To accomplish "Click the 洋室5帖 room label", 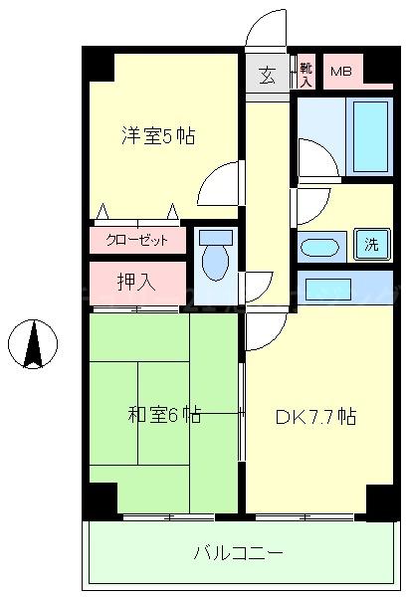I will [158, 136].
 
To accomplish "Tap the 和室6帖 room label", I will [164, 415].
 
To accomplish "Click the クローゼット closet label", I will [138, 240].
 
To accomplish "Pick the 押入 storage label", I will [137, 282].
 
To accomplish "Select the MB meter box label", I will [341, 72].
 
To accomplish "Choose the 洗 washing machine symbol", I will [370, 245].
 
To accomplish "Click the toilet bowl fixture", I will [215, 263].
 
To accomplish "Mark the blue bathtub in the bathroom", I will [371, 135].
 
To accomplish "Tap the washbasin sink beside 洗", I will [320, 247].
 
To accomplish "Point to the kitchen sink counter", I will [328, 289].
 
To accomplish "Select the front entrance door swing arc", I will [267, 27].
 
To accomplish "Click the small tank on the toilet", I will [215, 237].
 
